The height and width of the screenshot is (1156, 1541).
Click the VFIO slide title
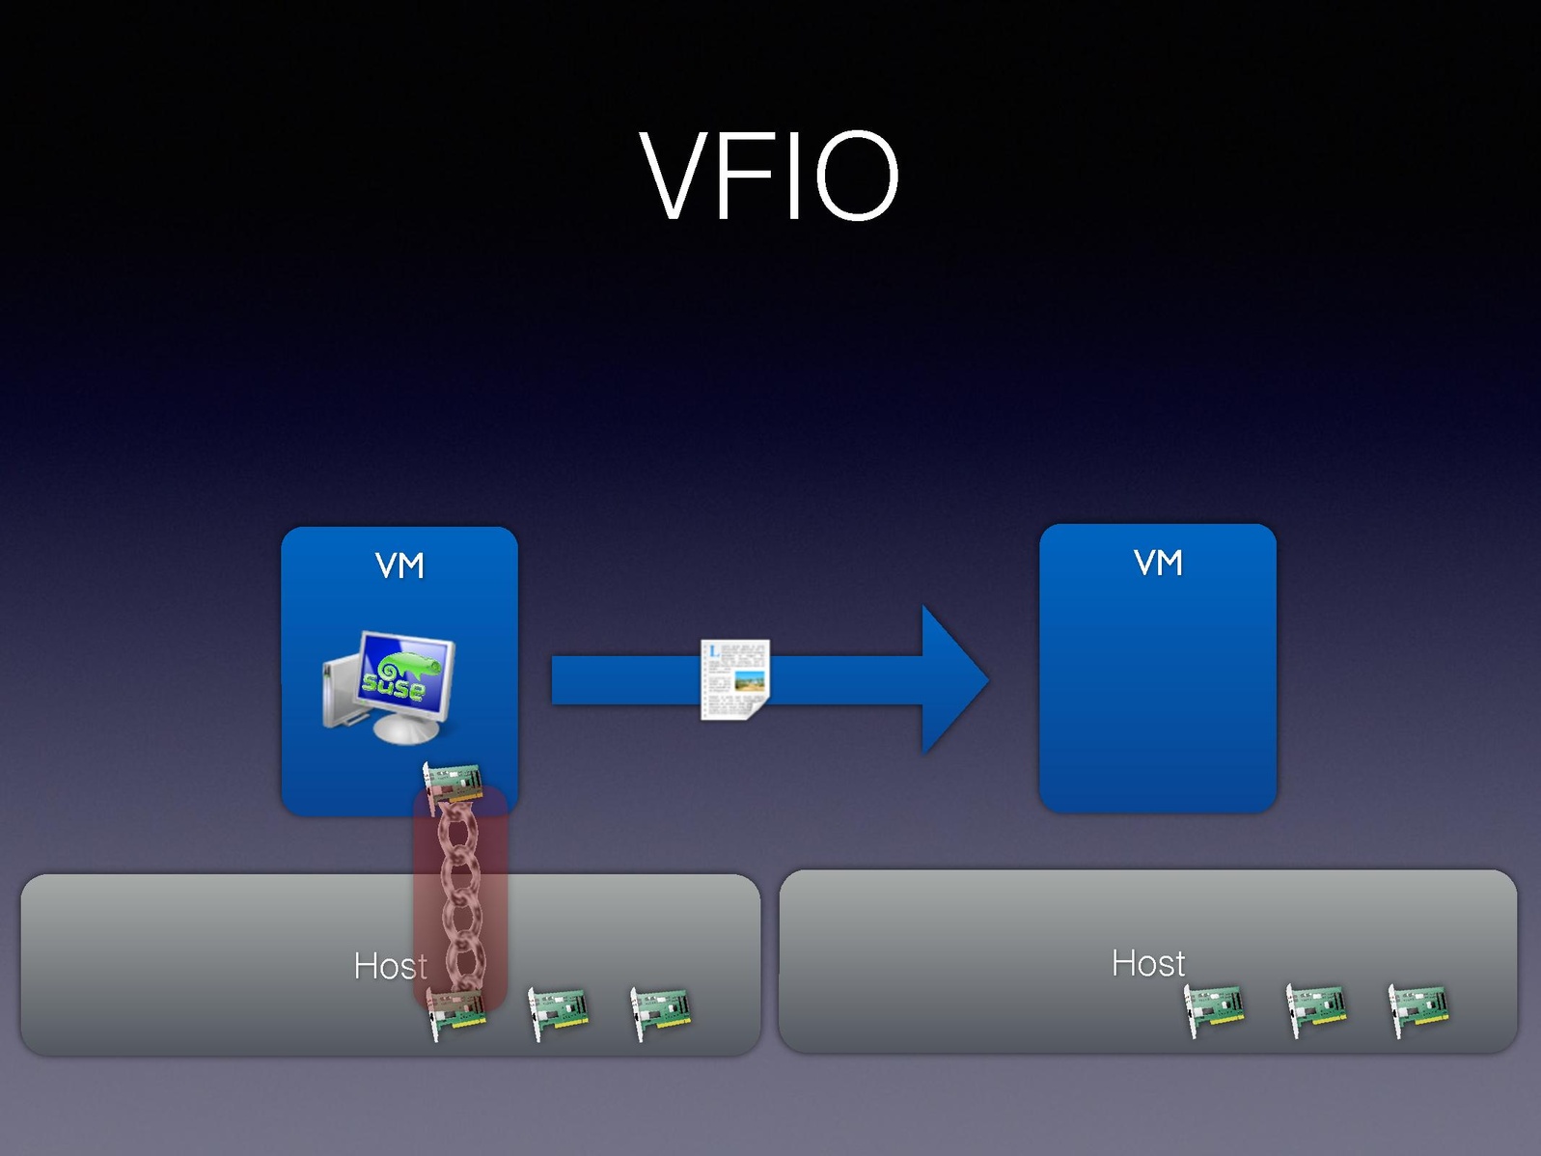pyautogui.click(x=769, y=177)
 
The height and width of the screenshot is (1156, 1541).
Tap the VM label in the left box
pyautogui.click(x=399, y=565)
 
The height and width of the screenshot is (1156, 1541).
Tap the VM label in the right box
pyautogui.click(x=1158, y=563)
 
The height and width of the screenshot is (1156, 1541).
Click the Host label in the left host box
pyautogui.click(x=390, y=966)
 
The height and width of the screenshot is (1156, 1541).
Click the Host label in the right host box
pyautogui.click(x=1147, y=963)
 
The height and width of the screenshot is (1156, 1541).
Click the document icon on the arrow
pyautogui.click(x=734, y=678)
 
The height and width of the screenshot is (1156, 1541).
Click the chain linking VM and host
pyautogui.click(x=460, y=897)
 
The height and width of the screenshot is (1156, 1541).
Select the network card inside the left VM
pyautogui.click(x=454, y=783)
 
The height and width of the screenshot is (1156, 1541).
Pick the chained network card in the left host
pyautogui.click(x=456, y=1013)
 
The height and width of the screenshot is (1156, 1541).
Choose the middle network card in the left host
pyautogui.click(x=559, y=1012)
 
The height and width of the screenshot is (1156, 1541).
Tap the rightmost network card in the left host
pyautogui.click(x=660, y=1012)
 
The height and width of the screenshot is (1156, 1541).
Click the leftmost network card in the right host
pyautogui.click(x=1215, y=1009)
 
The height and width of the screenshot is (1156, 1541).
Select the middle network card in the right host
pyautogui.click(x=1317, y=1009)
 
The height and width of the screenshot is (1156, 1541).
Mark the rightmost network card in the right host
pyautogui.click(x=1418, y=1009)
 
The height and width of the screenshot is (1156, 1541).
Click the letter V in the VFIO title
pyautogui.click(x=675, y=177)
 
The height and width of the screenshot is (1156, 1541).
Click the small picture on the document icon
pyautogui.click(x=750, y=682)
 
